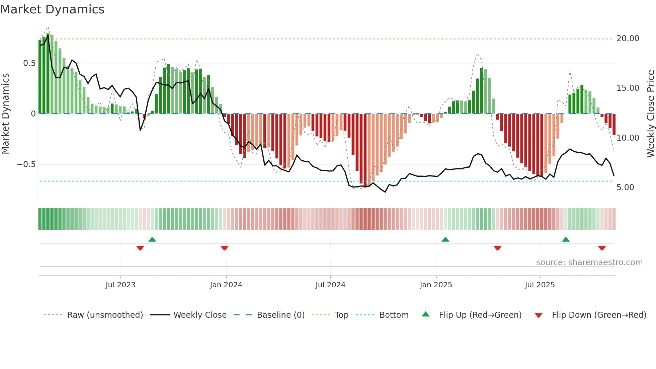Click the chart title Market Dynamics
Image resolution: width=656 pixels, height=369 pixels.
click(x=52, y=9)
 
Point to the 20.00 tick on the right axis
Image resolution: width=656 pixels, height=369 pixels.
click(x=628, y=39)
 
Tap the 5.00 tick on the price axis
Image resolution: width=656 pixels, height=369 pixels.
click(x=625, y=188)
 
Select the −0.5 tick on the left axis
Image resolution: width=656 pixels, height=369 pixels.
click(x=26, y=164)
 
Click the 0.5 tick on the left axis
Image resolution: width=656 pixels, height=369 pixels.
click(x=29, y=63)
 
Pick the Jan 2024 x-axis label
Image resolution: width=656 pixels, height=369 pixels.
click(x=226, y=285)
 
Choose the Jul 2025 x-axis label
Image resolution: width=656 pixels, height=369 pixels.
click(x=540, y=285)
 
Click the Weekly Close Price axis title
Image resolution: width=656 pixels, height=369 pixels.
click(x=650, y=114)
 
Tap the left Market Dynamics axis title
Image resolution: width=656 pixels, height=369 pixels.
click(x=5, y=114)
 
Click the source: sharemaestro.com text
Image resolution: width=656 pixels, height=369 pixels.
click(x=589, y=263)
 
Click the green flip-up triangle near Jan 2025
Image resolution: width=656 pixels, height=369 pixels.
click(x=445, y=240)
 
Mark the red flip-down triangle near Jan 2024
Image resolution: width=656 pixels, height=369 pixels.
click(x=225, y=248)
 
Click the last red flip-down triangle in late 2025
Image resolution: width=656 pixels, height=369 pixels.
click(x=602, y=248)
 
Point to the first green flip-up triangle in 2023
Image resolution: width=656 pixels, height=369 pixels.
click(x=152, y=240)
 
